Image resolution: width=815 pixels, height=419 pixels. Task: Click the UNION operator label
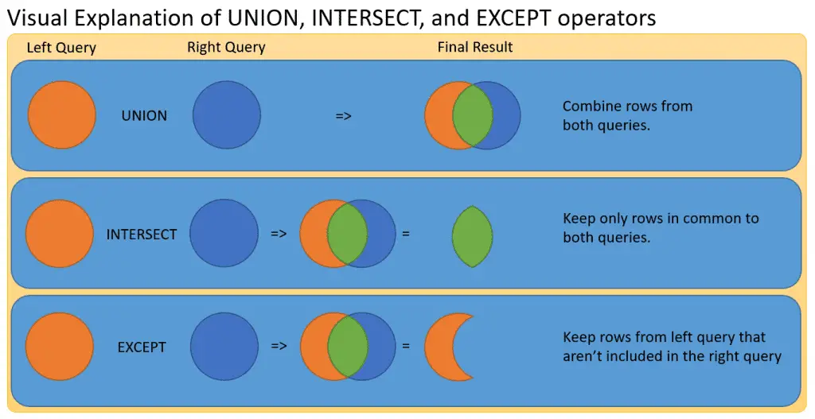144,116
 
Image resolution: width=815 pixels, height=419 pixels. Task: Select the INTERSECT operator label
142,235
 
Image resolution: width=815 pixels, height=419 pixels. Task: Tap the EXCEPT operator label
142,347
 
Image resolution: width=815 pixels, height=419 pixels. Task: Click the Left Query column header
61,48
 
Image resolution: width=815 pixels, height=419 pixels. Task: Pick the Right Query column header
226,48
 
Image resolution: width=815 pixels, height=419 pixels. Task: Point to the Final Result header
475,48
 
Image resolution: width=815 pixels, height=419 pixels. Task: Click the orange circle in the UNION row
62,115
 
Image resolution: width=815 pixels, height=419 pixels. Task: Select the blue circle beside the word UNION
227,115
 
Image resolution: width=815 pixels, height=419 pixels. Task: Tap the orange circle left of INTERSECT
60,235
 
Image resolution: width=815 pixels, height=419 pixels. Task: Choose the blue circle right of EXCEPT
224,347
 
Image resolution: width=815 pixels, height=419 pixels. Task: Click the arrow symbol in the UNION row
344,116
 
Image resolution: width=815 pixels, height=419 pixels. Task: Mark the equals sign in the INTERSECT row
406,235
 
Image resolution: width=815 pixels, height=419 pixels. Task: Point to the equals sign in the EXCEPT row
406,347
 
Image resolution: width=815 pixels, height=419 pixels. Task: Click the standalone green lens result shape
472,235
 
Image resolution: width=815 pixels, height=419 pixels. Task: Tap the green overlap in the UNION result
472,115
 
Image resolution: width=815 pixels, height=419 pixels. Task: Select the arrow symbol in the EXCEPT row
279,347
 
